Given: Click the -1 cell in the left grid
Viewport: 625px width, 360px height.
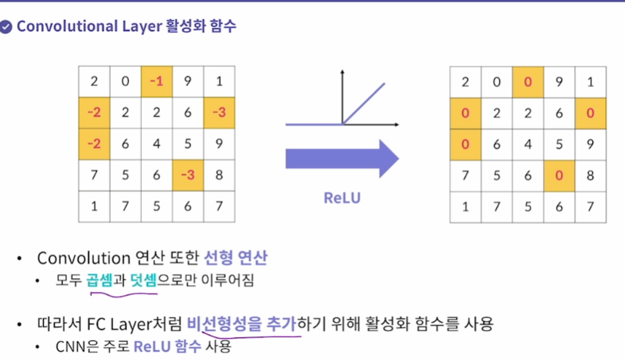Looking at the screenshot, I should tap(156, 81).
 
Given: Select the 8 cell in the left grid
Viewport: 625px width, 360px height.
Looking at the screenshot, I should tap(219, 175).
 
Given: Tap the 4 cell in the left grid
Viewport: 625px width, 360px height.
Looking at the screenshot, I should tap(156, 143).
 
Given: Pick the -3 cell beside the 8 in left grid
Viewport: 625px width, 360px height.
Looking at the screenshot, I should tap(188, 175).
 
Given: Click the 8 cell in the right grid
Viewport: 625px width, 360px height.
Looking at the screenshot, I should tap(590, 175).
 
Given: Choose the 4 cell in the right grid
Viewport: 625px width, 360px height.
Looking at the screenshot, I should tap(528, 144).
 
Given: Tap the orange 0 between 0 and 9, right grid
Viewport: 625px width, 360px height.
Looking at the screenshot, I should tap(528, 81).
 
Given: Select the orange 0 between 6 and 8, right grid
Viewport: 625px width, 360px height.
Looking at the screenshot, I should tap(559, 175).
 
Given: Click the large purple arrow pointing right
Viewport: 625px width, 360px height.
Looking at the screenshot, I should tap(341, 158).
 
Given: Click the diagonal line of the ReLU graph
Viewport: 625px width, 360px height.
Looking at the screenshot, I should tap(364, 103).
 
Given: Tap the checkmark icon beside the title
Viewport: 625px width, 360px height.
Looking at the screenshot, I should tap(7, 27).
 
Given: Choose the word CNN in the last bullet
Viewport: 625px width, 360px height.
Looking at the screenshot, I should tap(69, 345).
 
